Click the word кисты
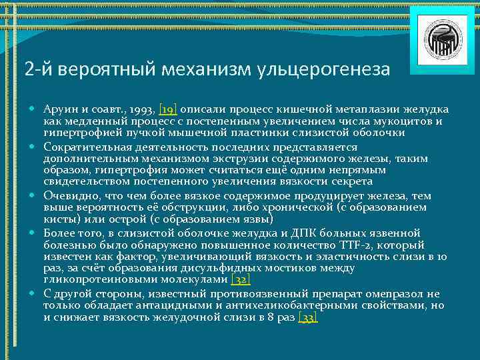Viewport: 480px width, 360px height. coord(59,219)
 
